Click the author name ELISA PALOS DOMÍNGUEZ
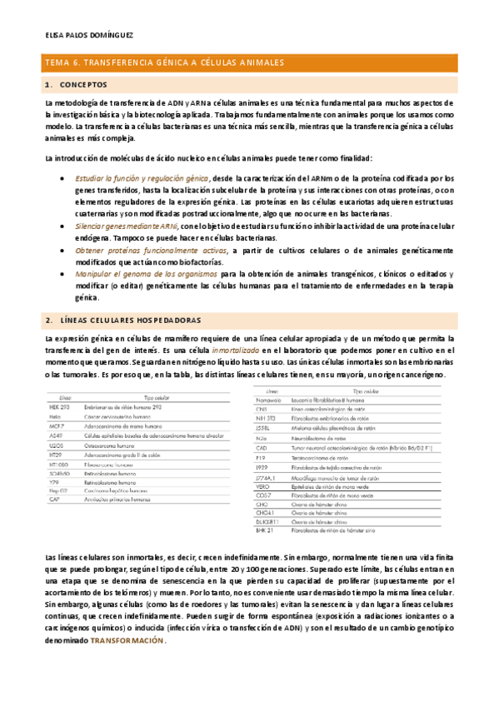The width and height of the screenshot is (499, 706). (86, 36)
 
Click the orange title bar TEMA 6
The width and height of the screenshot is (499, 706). (164, 62)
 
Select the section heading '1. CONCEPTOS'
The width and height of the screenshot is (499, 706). (77, 85)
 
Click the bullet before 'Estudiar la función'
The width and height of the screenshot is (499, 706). (65, 178)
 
